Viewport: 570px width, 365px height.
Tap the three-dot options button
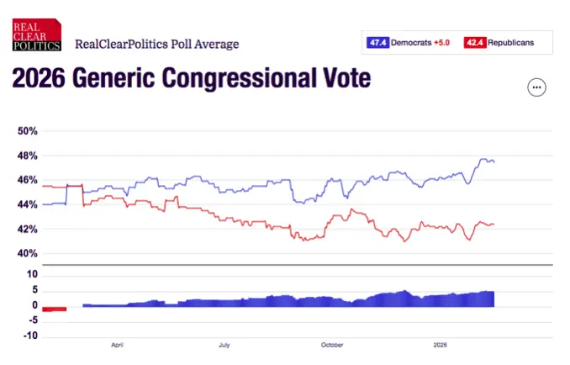coord(536,87)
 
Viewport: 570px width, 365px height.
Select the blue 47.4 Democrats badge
coord(377,42)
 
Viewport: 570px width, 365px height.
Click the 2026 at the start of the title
coord(39,80)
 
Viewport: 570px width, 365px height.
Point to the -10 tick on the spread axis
coord(30,336)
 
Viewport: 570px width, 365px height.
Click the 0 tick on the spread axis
coord(34,305)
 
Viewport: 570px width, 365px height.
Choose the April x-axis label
coord(118,344)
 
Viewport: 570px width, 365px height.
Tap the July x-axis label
coord(224,344)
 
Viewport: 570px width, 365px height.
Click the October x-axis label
coord(332,344)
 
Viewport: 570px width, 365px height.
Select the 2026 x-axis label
coord(440,344)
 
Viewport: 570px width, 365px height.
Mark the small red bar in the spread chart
coord(55,309)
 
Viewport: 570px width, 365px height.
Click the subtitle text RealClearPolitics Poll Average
coord(157,44)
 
